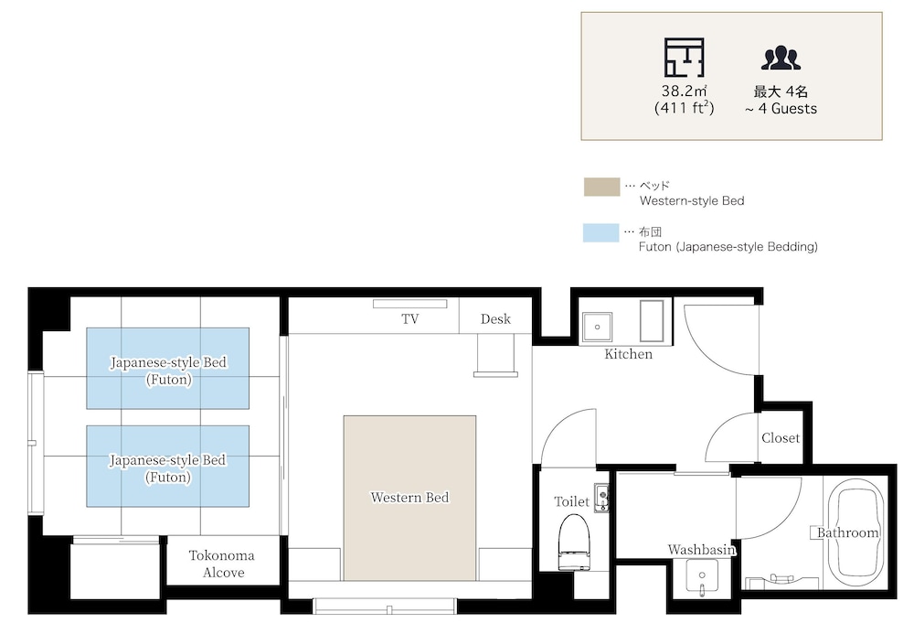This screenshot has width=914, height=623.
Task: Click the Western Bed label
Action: coord(409,498)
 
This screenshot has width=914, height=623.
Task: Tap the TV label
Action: coord(409,319)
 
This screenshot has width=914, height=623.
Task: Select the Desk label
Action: coord(495,319)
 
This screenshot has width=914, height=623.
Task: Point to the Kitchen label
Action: coord(629,354)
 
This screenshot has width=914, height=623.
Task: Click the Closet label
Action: coord(781,438)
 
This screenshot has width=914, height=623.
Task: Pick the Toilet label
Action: coord(572,501)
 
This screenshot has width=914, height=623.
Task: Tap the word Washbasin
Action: coord(702,550)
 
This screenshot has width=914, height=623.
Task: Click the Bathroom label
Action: coord(847,532)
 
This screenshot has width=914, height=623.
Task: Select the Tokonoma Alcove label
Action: coord(222,564)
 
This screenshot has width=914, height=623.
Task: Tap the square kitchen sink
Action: coord(598,328)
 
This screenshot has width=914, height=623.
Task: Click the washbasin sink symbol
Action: coord(702,577)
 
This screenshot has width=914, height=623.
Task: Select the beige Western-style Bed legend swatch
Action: coord(601,188)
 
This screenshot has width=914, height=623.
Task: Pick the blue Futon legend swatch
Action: coord(601,232)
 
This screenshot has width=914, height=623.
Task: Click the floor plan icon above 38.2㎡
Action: coord(685,57)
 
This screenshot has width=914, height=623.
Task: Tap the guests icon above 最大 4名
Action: coord(781,58)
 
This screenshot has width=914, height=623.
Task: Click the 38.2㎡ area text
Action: coord(685,91)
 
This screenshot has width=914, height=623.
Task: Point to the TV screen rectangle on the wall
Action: coord(409,304)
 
